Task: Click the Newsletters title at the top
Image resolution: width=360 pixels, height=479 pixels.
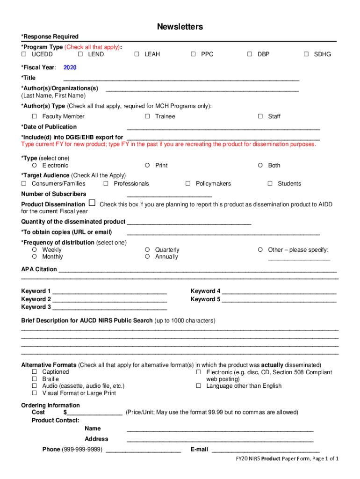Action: click(x=180, y=27)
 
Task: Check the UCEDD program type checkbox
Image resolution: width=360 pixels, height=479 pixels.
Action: click(x=24, y=54)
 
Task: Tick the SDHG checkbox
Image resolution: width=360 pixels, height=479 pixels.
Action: click(x=306, y=54)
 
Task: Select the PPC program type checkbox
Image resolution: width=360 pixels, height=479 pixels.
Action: click(x=194, y=54)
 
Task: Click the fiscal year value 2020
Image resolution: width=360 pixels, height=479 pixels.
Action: click(x=70, y=67)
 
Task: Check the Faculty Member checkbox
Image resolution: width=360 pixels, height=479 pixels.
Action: click(x=35, y=116)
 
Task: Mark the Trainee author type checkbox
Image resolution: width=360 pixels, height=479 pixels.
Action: click(x=147, y=116)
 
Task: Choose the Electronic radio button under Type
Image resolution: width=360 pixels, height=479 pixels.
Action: click(x=35, y=166)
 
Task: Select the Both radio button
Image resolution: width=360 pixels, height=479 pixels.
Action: click(x=260, y=166)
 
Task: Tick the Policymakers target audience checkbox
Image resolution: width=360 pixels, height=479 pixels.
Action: click(x=188, y=184)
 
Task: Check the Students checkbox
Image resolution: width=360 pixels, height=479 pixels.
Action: click(x=270, y=184)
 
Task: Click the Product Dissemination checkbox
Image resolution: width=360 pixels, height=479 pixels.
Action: click(x=92, y=203)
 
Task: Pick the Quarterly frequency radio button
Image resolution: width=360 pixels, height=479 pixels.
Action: click(x=147, y=250)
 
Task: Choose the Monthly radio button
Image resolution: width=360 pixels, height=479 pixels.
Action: click(x=35, y=257)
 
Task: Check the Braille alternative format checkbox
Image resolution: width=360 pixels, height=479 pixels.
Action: click(x=35, y=379)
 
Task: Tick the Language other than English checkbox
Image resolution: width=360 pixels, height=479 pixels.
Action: click(x=199, y=386)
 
